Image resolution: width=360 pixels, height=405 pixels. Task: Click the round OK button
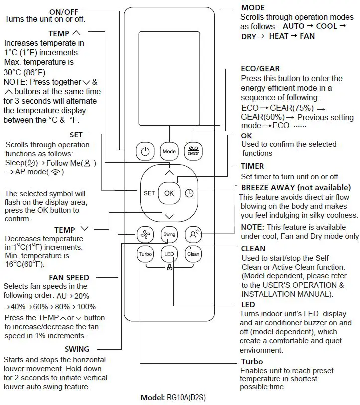(169, 193)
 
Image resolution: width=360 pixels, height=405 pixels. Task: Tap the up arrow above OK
(169, 173)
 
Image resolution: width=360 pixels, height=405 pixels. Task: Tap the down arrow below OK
(169, 216)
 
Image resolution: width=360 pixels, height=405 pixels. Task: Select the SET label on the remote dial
(149, 193)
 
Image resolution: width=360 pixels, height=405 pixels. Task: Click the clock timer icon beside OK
(189, 193)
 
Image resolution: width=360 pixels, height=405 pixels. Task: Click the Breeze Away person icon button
(193, 234)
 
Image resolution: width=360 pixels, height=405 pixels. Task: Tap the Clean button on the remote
(193, 254)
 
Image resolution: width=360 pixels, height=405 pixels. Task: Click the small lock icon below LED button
(169, 268)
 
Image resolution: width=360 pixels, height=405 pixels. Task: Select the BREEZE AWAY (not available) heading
(296, 188)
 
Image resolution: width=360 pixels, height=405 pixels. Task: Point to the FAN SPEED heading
(69, 277)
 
